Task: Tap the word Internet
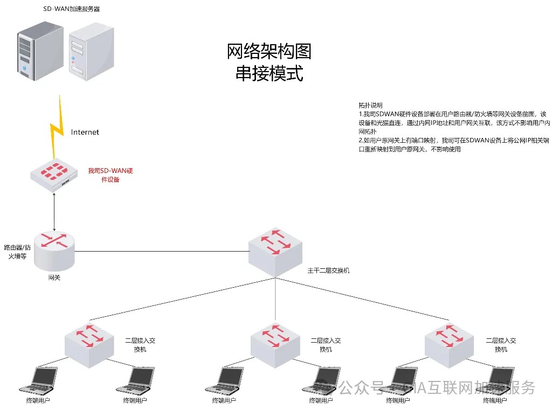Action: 85,132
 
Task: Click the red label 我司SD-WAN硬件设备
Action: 110,175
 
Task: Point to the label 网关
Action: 54,277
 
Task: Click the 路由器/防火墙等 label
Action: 16,252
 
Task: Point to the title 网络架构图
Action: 269,52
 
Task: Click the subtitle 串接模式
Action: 269,73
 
